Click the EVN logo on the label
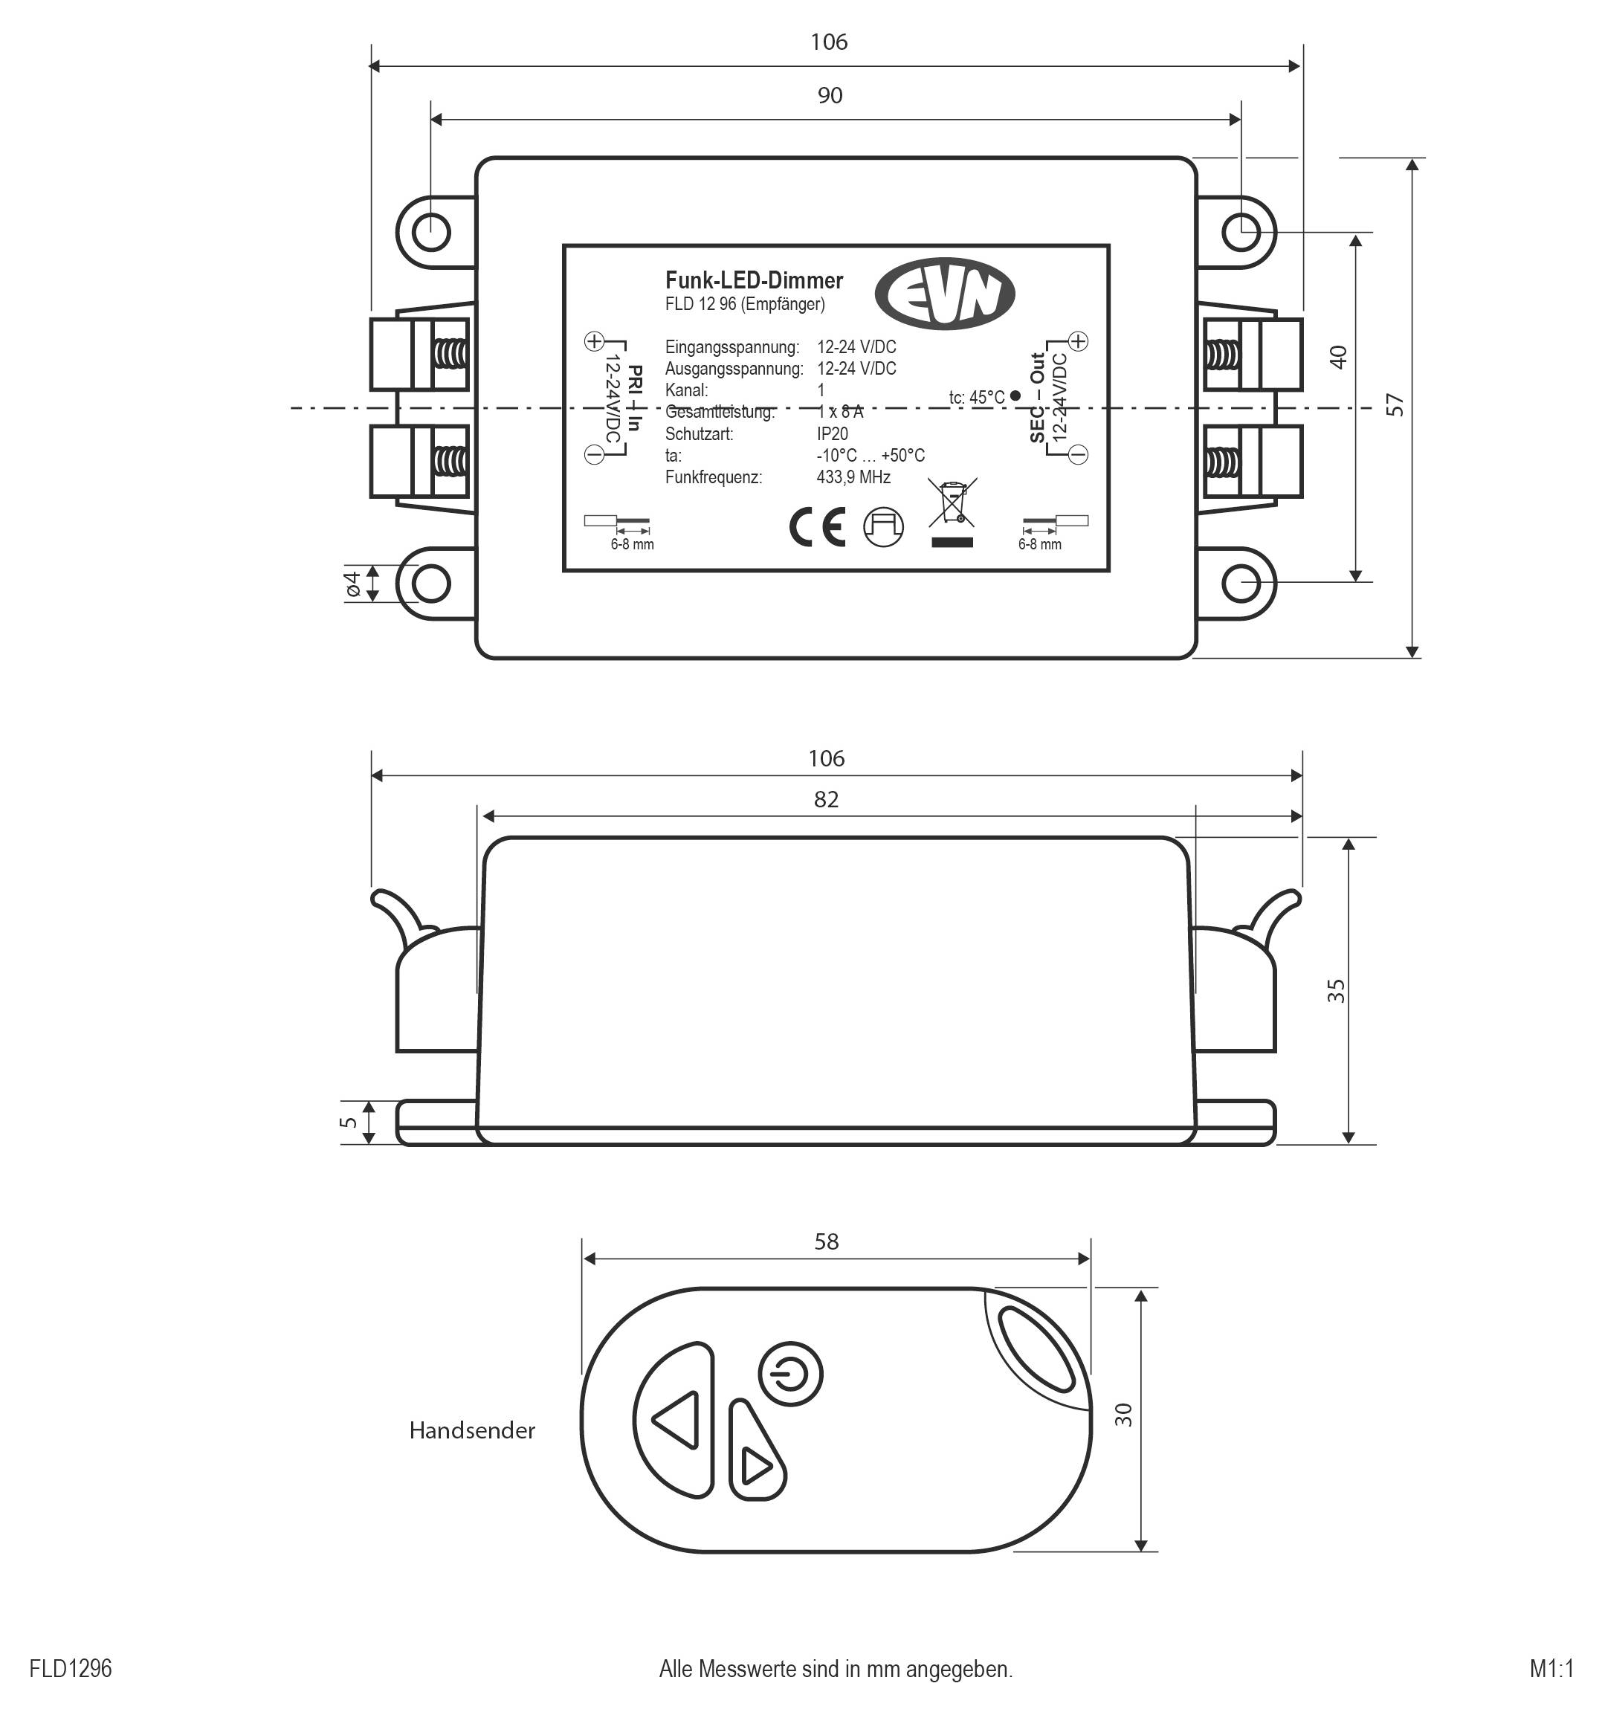(944, 294)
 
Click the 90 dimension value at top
(830, 95)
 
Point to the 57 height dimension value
(1395, 404)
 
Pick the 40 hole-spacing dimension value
(1338, 357)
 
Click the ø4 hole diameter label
(352, 584)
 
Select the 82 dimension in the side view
(826, 800)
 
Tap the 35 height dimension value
(1335, 990)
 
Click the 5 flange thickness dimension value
(349, 1123)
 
